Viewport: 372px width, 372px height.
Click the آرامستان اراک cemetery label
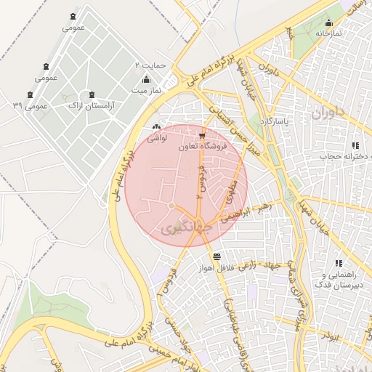[91, 106]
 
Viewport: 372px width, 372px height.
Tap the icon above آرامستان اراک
[91, 94]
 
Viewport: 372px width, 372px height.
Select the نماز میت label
[145, 91]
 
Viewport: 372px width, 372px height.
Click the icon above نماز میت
[146, 79]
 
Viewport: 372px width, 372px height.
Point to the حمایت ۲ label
[151, 65]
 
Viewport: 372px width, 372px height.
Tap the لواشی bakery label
[157, 137]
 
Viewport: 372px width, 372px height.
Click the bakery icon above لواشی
[157, 126]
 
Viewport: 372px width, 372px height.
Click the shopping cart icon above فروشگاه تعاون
[201, 135]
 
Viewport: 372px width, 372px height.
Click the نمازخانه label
[328, 33]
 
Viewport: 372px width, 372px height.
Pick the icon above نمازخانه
[328, 23]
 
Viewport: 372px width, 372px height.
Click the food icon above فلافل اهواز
[217, 256]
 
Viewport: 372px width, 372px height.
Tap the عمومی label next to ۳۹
[36, 106]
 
